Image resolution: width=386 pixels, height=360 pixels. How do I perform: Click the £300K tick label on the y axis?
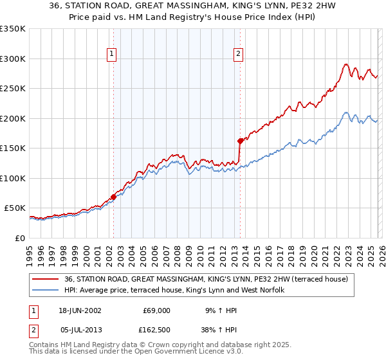point(13,59)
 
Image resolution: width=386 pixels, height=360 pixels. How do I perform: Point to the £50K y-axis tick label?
point(15,208)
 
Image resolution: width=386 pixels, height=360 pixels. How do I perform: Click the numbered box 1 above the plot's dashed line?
point(113,55)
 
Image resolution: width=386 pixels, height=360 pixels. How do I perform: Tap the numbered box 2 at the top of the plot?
point(238,55)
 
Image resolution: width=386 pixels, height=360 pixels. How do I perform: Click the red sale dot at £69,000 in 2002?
point(114,197)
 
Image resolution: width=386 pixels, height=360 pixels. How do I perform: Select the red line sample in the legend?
point(46,279)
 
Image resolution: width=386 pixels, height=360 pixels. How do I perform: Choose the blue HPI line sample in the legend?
point(46,291)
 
